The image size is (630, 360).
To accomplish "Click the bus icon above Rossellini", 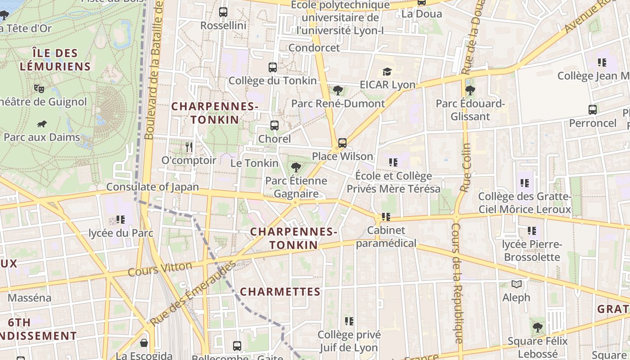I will coord(223,12).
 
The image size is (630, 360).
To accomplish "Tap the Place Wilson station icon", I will coord(342,143).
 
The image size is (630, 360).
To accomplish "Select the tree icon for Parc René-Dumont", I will coord(338,90).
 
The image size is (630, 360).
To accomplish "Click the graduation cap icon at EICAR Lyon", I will coord(387,72).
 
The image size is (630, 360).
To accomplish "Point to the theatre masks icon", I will coord(39,88).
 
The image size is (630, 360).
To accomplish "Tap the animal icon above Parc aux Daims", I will coord(42,124).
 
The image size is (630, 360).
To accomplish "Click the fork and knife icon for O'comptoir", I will coord(189,147).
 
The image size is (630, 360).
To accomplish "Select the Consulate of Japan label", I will coord(153,187).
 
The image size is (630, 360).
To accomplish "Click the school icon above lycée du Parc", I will coord(121,220).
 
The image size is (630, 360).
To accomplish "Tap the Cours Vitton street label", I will coord(160,269).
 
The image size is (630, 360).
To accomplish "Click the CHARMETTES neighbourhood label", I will coord(280,292).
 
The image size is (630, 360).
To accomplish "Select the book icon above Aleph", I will coord(516,284).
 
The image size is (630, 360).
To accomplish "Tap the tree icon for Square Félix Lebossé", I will coord(538,328).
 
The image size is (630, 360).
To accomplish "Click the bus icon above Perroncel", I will coord(593,110).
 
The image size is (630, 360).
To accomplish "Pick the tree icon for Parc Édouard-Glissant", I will coord(470,90).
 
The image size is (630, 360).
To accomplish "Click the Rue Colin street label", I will coord(466,167).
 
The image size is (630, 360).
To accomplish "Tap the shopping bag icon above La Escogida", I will coord(144,343).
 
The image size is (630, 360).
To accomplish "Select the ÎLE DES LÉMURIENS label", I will coord(55,60).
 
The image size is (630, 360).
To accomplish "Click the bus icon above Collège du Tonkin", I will coord(273,67).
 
